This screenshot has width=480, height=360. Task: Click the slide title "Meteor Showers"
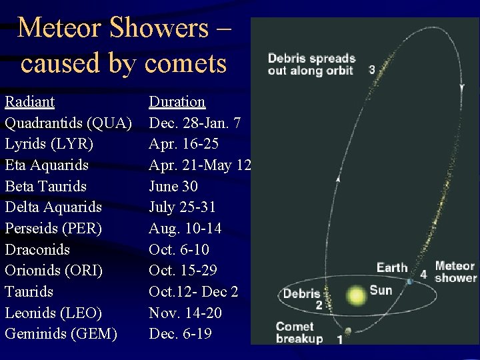click(x=113, y=28)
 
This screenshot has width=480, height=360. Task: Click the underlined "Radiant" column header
click(x=30, y=102)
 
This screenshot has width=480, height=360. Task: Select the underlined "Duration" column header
click(x=177, y=102)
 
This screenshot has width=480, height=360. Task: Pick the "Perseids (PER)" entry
click(x=53, y=229)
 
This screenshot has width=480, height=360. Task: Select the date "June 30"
click(x=173, y=187)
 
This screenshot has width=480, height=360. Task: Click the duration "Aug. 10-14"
click(x=185, y=229)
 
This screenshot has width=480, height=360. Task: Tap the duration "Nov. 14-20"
click(x=185, y=313)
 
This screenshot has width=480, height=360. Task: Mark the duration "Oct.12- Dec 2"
click(x=193, y=292)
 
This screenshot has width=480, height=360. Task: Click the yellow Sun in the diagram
click(x=356, y=295)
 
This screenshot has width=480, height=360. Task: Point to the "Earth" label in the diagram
click(x=391, y=267)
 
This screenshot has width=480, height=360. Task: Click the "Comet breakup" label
click(x=299, y=333)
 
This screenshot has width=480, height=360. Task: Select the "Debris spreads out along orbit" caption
click(x=311, y=65)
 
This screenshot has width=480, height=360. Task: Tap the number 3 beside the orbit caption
click(x=371, y=69)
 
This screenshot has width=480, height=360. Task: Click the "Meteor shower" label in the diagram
click(x=455, y=272)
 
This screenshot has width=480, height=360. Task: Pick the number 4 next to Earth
click(x=423, y=274)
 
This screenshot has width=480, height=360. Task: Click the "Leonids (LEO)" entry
click(x=53, y=313)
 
